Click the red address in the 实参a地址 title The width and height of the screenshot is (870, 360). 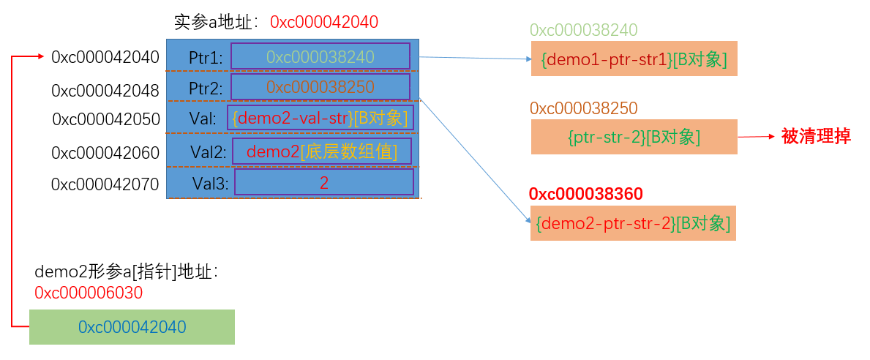pos(324,22)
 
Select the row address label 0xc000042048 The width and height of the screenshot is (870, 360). pos(105,91)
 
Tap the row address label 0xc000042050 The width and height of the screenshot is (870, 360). pos(106,119)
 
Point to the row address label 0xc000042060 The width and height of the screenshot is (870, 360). pos(105,152)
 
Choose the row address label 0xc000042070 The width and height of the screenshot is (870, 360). pos(105,184)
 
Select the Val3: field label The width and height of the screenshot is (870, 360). pos(210,183)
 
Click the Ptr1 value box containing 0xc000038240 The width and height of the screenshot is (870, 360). pos(320,56)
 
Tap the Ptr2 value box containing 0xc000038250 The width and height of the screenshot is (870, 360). pos(320,86)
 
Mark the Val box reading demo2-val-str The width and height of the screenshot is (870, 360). pos(320,118)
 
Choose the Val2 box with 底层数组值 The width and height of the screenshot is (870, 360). pos(322,151)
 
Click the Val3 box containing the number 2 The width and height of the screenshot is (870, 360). pos(324,182)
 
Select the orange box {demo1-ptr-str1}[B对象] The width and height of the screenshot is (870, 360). pos(634,59)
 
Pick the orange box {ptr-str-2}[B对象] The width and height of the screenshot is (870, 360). pos(634,136)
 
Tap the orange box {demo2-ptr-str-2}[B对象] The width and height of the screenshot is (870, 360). pos(633,223)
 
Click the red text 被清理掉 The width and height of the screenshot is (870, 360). pos(816,136)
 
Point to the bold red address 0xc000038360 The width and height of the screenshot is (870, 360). pos(586,194)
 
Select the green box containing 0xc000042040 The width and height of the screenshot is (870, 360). pos(132,327)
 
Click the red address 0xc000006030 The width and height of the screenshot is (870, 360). pos(89,293)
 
